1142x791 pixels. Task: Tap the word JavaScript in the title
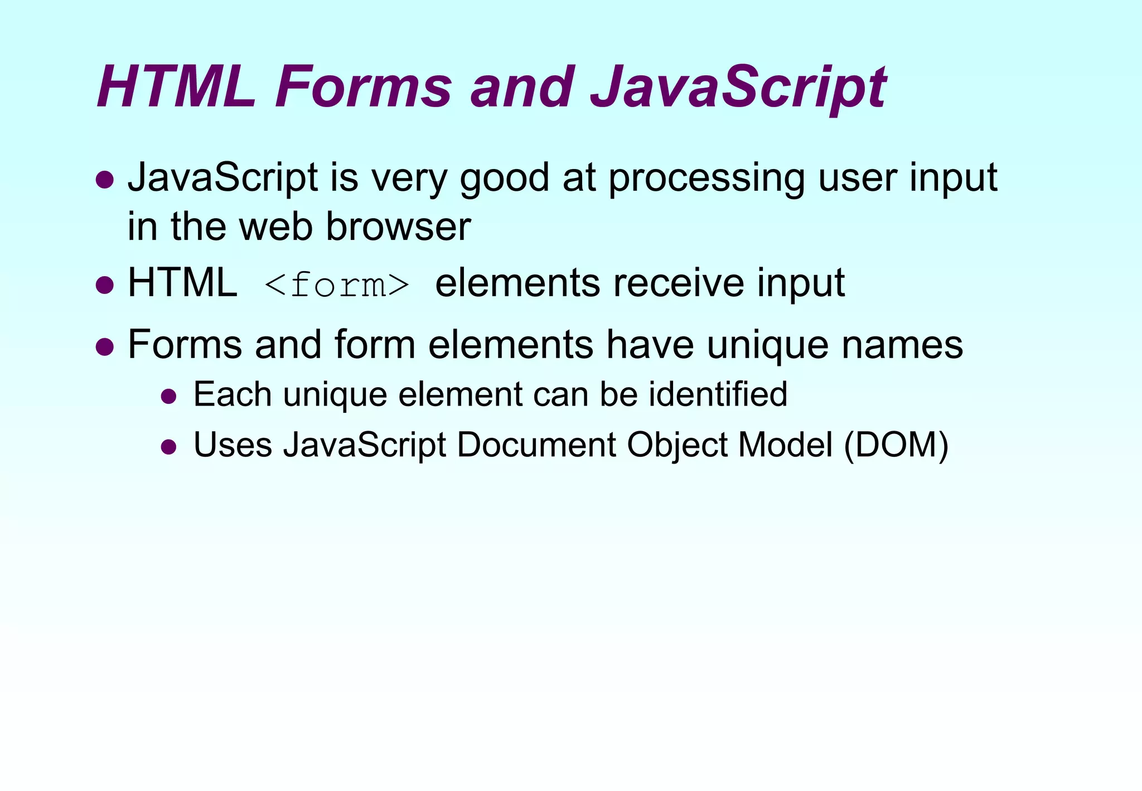click(738, 88)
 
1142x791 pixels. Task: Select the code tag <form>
click(337, 284)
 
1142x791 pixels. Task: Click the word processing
click(707, 179)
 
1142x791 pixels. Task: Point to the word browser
click(398, 226)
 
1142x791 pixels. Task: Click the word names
click(902, 344)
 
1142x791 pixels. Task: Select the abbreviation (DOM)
click(896, 445)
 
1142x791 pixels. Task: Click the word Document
click(536, 445)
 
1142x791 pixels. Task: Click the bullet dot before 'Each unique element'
click(168, 397)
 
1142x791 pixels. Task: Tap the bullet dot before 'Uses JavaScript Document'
click(168, 447)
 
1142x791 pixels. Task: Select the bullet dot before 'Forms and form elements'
click(105, 347)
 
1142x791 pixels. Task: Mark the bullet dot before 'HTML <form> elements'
click(105, 285)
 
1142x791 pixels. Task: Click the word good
click(505, 179)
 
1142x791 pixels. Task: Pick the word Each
click(233, 394)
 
